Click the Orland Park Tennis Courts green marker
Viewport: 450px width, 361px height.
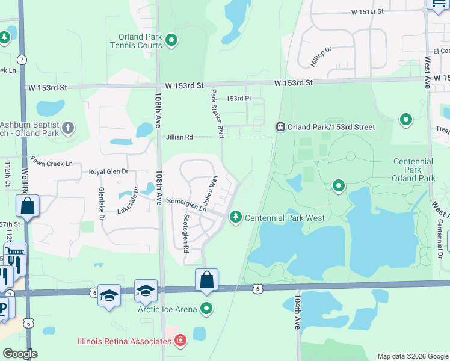(x=171, y=41)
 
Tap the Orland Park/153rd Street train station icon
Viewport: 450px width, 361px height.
(x=280, y=127)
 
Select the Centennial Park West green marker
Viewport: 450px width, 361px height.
(x=236, y=217)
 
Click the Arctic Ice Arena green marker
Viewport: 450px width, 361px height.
(x=206, y=309)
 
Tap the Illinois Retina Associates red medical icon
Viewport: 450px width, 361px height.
(x=179, y=341)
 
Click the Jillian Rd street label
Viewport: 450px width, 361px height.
(x=180, y=137)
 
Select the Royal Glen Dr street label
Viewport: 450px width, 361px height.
(x=109, y=171)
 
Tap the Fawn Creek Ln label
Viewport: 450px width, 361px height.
(x=52, y=163)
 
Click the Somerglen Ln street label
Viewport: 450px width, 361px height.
(x=186, y=205)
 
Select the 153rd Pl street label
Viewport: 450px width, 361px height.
(x=238, y=98)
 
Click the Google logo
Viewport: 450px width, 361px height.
(x=20, y=354)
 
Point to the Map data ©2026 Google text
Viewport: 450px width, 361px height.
(x=412, y=356)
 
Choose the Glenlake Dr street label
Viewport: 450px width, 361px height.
(x=101, y=203)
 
